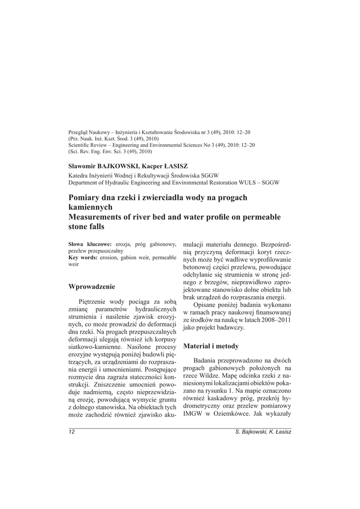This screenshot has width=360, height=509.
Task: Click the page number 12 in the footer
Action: (72, 432)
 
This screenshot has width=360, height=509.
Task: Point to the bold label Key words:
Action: (83, 257)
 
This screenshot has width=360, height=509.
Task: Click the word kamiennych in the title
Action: (90, 207)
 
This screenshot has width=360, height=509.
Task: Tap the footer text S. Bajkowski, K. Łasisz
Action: (263, 432)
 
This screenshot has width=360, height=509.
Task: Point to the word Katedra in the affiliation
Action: (79, 175)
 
